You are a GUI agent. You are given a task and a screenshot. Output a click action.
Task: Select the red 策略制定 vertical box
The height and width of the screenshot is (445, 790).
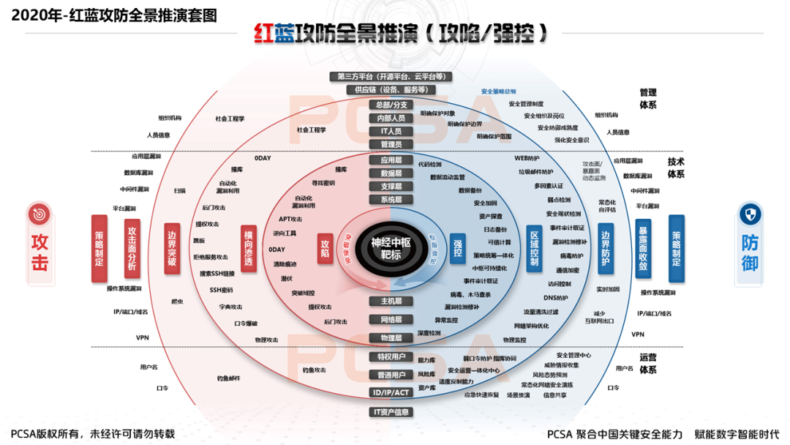99,249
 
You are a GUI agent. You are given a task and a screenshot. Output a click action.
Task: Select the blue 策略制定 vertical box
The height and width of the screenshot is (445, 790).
676,249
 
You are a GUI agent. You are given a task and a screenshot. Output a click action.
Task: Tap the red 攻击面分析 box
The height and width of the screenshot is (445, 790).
132,249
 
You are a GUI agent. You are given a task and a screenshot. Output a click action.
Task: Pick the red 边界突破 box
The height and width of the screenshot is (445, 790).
171,249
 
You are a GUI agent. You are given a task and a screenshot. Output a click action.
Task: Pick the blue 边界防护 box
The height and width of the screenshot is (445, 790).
605,249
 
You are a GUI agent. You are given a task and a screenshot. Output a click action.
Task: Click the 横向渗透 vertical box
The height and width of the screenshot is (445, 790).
248,250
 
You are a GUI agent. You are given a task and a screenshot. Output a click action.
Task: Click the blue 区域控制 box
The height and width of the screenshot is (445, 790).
534,250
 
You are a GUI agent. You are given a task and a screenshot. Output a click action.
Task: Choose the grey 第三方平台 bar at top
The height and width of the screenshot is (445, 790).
391,76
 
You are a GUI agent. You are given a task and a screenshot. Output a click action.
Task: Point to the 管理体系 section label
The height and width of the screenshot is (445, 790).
648,99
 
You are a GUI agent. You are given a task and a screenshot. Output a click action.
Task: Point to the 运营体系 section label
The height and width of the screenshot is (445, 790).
648,364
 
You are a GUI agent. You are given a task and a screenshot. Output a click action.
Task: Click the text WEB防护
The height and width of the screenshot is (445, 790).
527,158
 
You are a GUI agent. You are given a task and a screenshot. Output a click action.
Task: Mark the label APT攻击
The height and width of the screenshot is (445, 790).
290,219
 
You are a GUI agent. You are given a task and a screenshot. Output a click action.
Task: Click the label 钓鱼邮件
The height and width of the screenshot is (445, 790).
228,378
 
